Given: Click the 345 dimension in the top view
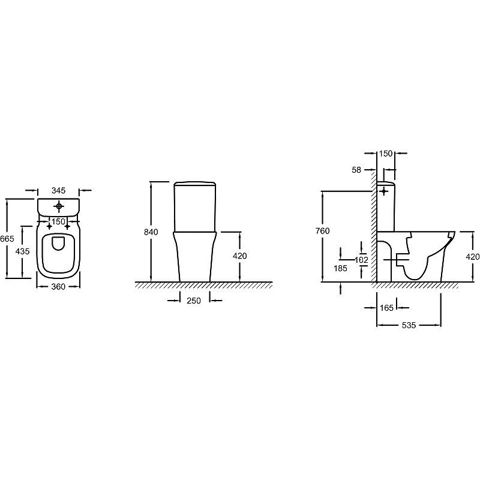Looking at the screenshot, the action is (x=58, y=190).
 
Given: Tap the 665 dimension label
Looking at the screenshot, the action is (x=7, y=238).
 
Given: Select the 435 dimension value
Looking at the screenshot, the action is (x=23, y=251).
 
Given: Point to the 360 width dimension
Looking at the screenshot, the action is (x=58, y=287).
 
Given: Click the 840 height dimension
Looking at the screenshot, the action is (x=151, y=232).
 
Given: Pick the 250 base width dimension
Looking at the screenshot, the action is (x=194, y=301).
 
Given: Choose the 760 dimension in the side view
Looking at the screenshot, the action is (x=322, y=231).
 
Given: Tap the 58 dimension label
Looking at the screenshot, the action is (x=356, y=170).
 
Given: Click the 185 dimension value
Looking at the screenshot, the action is (x=340, y=268).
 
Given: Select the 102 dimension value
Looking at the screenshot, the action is (x=362, y=260).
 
